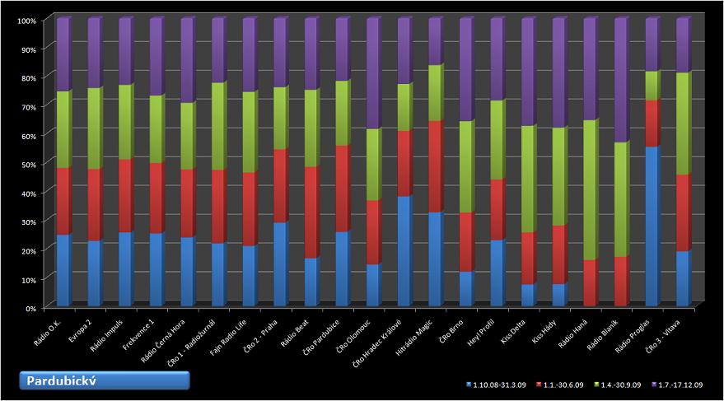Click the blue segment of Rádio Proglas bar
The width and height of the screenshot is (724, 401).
652,226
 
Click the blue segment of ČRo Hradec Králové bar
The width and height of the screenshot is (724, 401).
404,251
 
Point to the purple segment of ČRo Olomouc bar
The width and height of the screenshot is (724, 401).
373,74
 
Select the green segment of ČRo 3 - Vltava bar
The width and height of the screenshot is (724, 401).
683,124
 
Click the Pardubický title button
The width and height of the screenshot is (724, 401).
105,380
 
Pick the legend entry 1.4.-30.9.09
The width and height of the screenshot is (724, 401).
618,384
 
